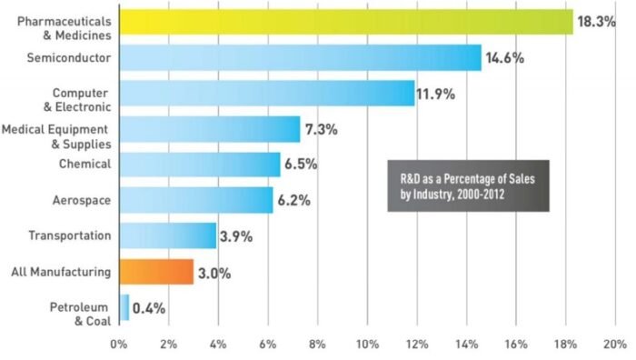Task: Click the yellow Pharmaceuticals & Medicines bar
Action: [345, 22]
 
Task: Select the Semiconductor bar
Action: [300, 58]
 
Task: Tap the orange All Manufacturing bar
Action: [155, 271]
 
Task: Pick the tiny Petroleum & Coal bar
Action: [124, 307]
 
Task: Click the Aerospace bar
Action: [195, 200]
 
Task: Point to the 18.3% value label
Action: [601, 22]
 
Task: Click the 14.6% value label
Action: [509, 58]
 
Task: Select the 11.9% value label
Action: [442, 94]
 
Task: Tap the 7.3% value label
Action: [322, 129]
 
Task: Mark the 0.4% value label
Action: [149, 307]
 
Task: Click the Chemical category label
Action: [86, 164]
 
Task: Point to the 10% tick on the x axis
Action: [367, 345]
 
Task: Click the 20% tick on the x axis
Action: [615, 345]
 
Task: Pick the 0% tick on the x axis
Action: [119, 345]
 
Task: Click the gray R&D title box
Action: [468, 185]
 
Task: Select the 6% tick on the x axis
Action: [268, 345]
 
